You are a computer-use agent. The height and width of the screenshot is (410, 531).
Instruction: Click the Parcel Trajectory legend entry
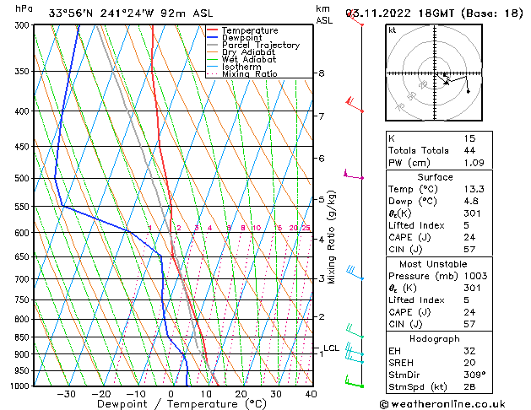click(x=260, y=45)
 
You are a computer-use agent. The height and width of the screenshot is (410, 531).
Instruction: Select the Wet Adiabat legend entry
click(x=250, y=60)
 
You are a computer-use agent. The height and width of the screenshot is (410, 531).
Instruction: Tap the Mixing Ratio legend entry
click(x=250, y=74)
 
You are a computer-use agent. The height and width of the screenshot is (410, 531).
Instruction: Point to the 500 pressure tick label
click(x=23, y=179)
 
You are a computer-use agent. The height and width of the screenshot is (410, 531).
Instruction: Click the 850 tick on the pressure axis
click(x=23, y=337)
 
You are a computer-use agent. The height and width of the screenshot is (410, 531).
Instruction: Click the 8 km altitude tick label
click(x=321, y=73)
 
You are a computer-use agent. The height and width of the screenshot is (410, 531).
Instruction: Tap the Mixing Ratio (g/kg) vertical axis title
click(x=333, y=237)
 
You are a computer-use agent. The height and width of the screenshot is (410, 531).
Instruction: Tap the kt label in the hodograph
click(x=392, y=30)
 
